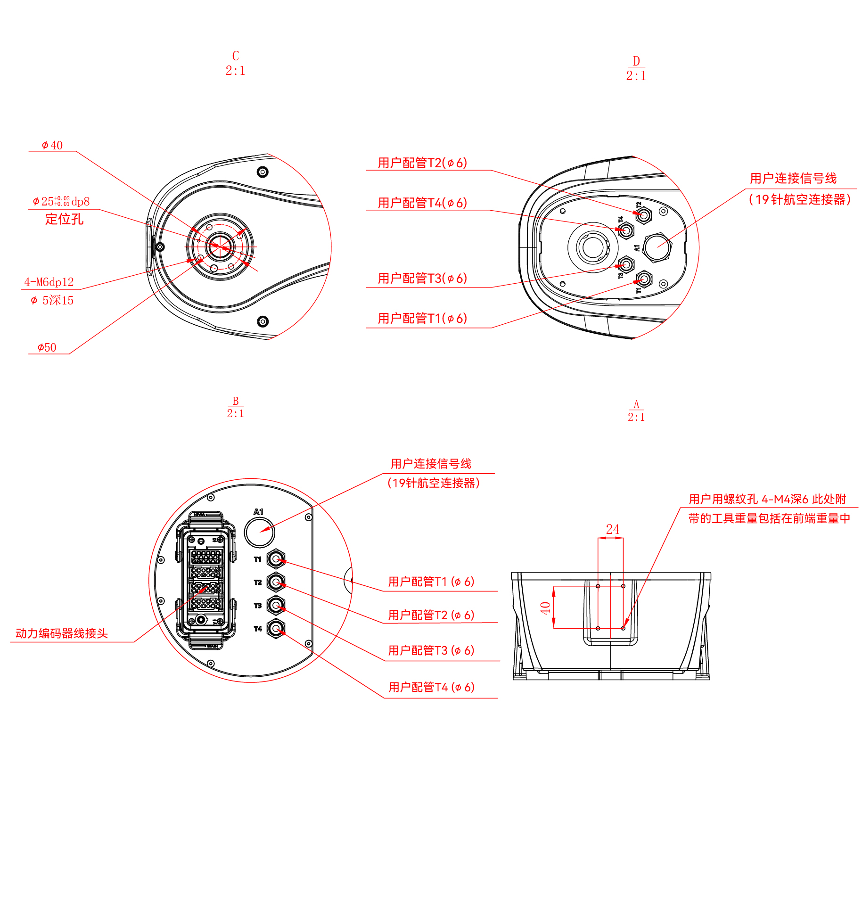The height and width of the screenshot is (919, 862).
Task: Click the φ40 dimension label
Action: tap(52, 145)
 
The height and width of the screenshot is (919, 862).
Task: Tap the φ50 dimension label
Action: tap(47, 348)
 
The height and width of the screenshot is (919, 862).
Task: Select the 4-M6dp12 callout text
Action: tap(49, 282)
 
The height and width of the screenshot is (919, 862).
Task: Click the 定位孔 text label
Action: tap(64, 219)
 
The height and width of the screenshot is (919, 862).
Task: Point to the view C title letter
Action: tap(236, 56)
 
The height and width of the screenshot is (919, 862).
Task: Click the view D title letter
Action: tap(636, 61)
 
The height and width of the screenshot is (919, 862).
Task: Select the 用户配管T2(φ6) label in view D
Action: tap(422, 163)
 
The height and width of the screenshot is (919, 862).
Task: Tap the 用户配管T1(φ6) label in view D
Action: tap(422, 319)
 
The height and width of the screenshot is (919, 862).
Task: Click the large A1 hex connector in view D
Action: tap(657, 247)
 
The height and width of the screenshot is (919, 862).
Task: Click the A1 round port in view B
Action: tap(259, 532)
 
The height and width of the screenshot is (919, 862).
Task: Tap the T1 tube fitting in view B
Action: tap(276, 559)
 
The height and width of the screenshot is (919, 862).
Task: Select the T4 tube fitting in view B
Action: tap(276, 628)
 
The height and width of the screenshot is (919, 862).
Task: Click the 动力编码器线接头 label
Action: tap(62, 633)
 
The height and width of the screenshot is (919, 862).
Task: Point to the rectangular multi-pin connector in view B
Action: tap(206, 579)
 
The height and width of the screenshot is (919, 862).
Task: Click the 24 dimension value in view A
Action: tap(612, 529)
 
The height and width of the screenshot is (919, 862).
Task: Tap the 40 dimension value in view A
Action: tap(546, 608)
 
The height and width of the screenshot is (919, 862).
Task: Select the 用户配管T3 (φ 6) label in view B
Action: tap(431, 651)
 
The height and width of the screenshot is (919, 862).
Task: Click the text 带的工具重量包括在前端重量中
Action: tap(769, 518)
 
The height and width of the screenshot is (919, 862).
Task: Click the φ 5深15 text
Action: tap(52, 300)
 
